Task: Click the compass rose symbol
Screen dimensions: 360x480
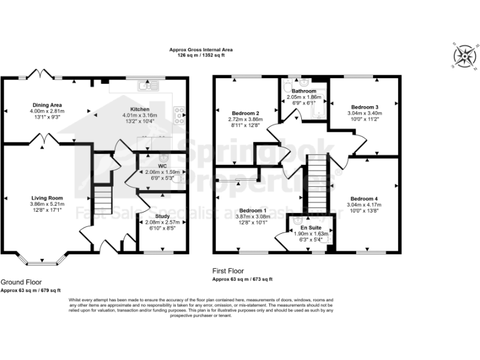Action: pos(464,56)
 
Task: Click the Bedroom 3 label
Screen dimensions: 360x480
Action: pos(362,107)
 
